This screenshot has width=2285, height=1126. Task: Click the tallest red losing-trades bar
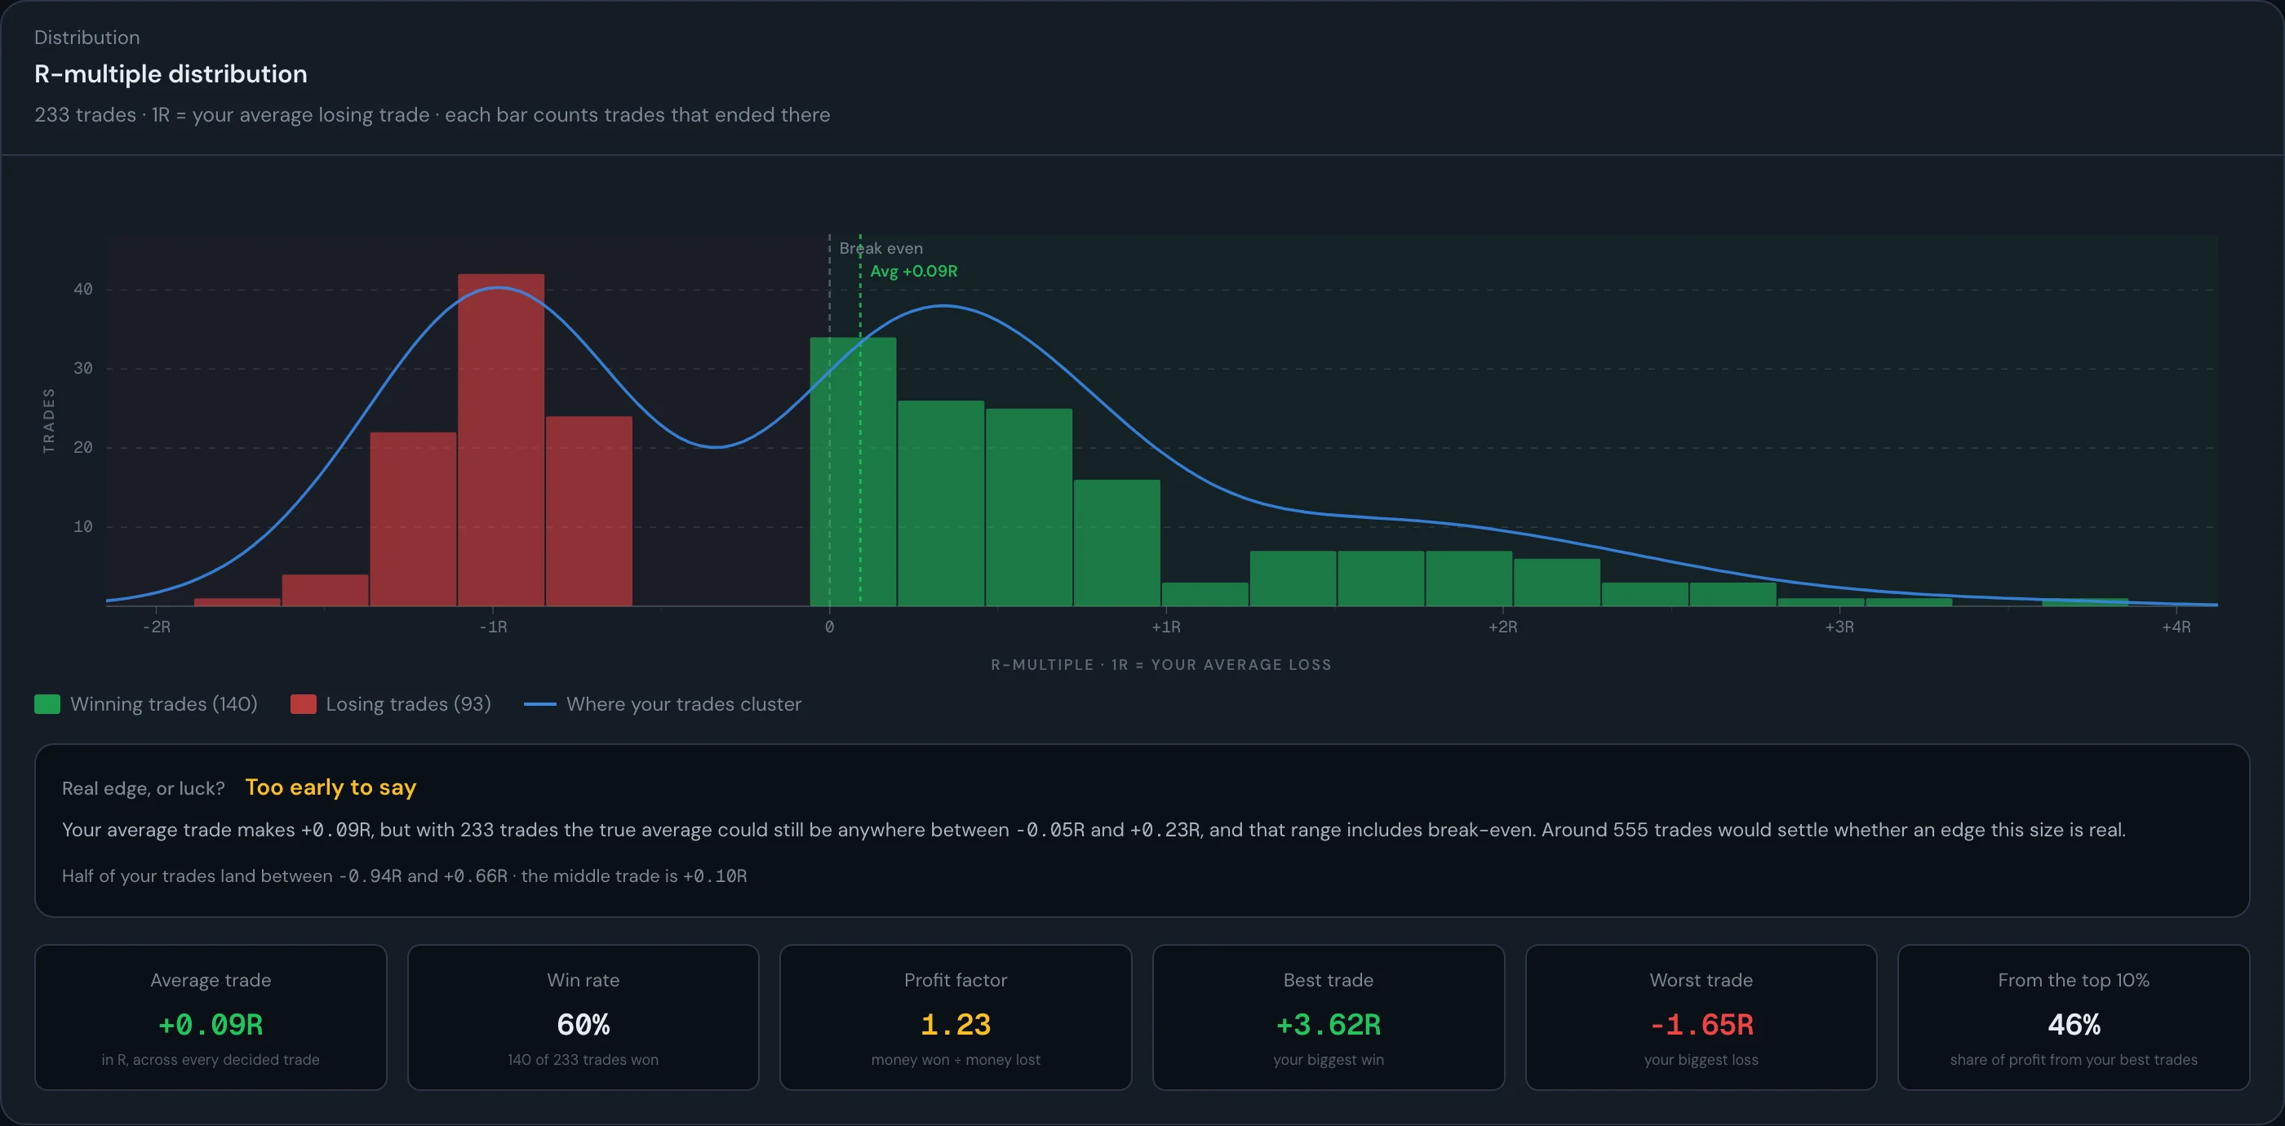pyautogui.click(x=501, y=440)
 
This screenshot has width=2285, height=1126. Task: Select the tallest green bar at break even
pyautogui.click(x=853, y=472)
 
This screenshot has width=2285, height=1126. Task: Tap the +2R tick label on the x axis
pyautogui.click(x=1502, y=627)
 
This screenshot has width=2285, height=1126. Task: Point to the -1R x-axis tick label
pyautogui.click(x=493, y=627)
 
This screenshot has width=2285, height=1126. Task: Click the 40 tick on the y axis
pyautogui.click(x=82, y=289)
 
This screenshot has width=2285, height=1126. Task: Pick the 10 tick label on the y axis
pyautogui.click(x=82, y=526)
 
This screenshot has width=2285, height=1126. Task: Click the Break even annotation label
pyautogui.click(x=881, y=248)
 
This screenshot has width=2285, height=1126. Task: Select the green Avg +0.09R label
pyautogui.click(x=914, y=272)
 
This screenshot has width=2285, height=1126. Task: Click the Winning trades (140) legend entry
pyautogui.click(x=145, y=704)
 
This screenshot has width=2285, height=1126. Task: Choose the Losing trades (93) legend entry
pyautogui.click(x=390, y=704)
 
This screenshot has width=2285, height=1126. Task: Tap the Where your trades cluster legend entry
pyautogui.click(x=663, y=704)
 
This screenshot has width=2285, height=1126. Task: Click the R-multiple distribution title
pyautogui.click(x=171, y=73)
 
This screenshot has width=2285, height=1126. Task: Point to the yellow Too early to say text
pyautogui.click(x=331, y=787)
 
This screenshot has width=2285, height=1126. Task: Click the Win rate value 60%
pyautogui.click(x=583, y=1025)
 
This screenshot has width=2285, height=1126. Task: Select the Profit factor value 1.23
pyautogui.click(x=956, y=1025)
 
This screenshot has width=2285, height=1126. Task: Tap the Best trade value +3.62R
pyautogui.click(x=1328, y=1025)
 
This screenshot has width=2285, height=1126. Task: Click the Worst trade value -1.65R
pyautogui.click(x=1702, y=1025)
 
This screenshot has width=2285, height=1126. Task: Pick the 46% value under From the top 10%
pyautogui.click(x=2074, y=1025)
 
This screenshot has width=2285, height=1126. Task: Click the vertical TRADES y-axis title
pyautogui.click(x=49, y=421)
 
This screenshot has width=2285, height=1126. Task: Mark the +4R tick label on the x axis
pyautogui.click(x=2176, y=627)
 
